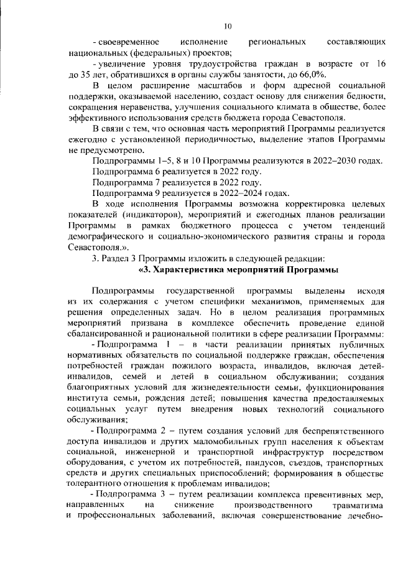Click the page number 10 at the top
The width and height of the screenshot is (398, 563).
tap(227, 26)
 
